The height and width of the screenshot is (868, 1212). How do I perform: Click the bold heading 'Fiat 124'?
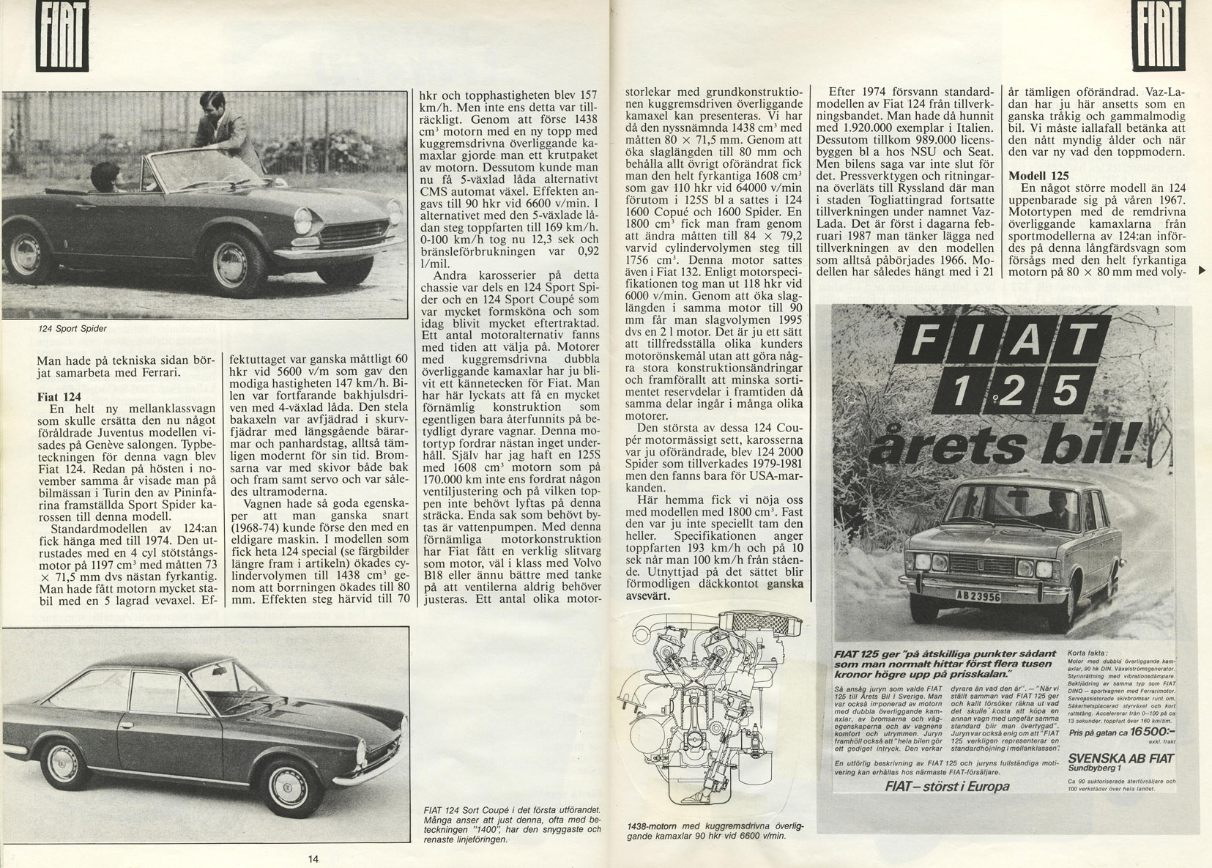pyautogui.click(x=59, y=396)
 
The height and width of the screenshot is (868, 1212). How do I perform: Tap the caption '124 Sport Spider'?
pyautogui.click(x=73, y=329)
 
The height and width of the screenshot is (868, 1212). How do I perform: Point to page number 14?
pyautogui.click(x=313, y=859)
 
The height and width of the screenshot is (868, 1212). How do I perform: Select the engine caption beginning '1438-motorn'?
pyautogui.click(x=715, y=831)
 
